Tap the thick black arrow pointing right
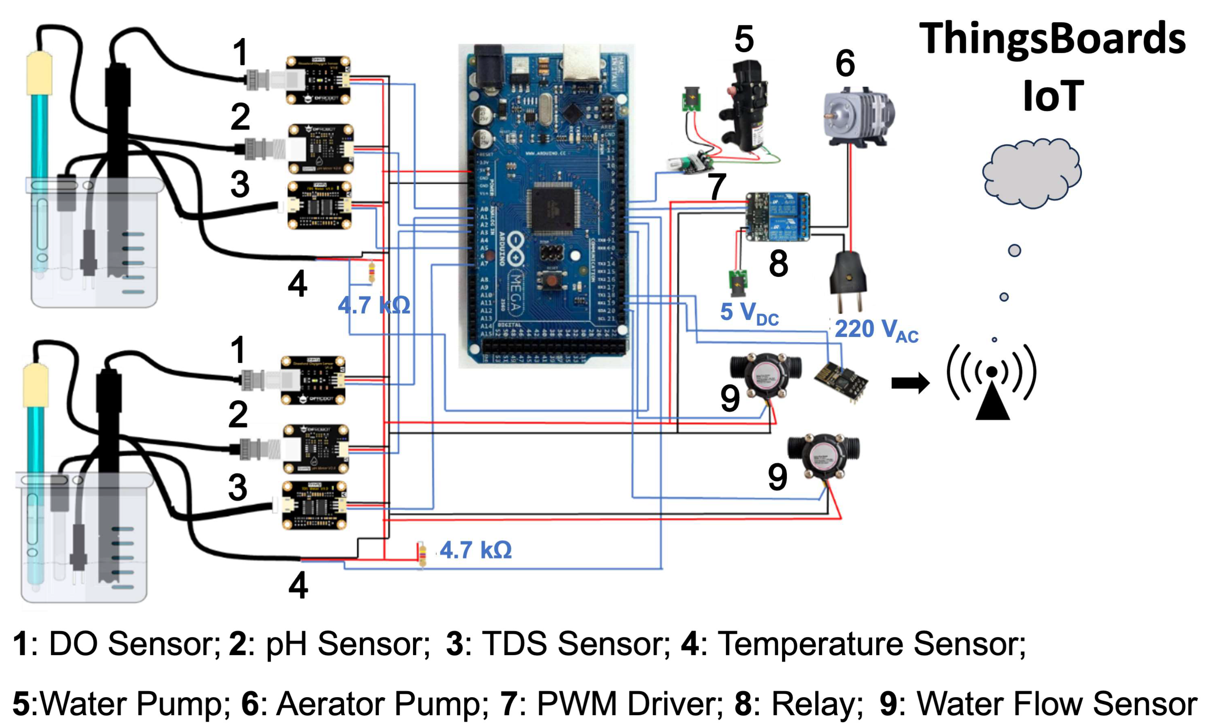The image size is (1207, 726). pos(910,383)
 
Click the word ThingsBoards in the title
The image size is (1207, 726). pos(1052,39)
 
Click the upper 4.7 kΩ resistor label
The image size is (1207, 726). pos(374,306)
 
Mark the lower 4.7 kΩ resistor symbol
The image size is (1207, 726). pos(422,554)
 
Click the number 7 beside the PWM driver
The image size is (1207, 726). pos(717,187)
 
